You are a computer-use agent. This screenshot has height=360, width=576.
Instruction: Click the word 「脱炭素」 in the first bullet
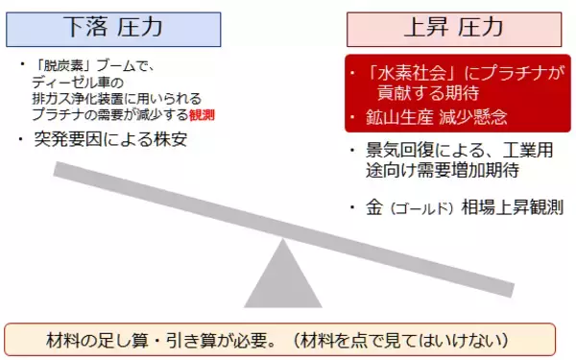[60, 66]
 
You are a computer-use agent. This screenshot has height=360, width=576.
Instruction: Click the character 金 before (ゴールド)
[375, 206]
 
